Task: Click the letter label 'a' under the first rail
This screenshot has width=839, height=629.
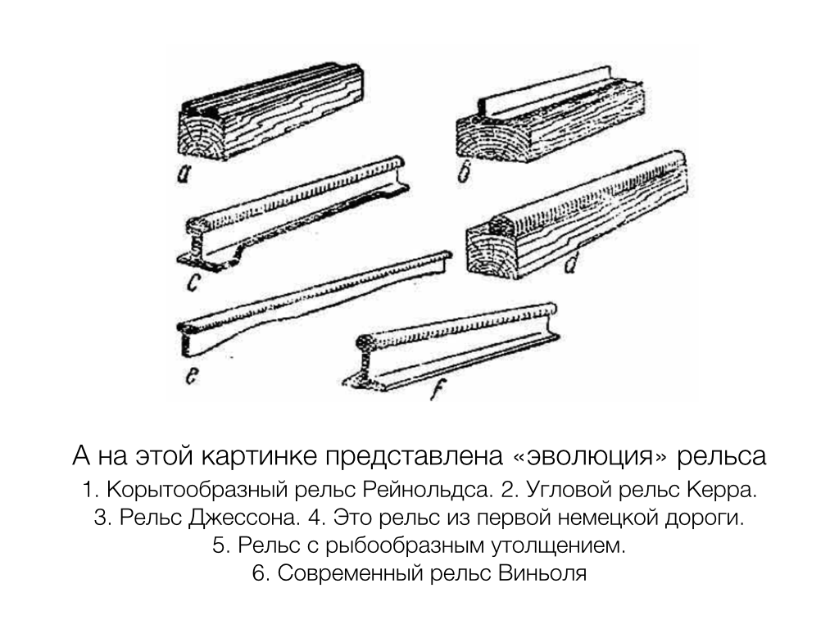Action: (184, 174)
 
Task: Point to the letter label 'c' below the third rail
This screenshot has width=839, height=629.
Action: (193, 282)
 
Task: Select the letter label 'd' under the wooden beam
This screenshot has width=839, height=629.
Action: (571, 263)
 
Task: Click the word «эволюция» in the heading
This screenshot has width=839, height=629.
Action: (592, 456)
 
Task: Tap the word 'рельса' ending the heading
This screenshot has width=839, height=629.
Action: (722, 456)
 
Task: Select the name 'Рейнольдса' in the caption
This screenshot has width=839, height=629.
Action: (427, 490)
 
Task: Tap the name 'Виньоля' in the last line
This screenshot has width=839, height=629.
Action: (542, 573)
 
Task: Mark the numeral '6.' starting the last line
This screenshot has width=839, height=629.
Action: (261, 573)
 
